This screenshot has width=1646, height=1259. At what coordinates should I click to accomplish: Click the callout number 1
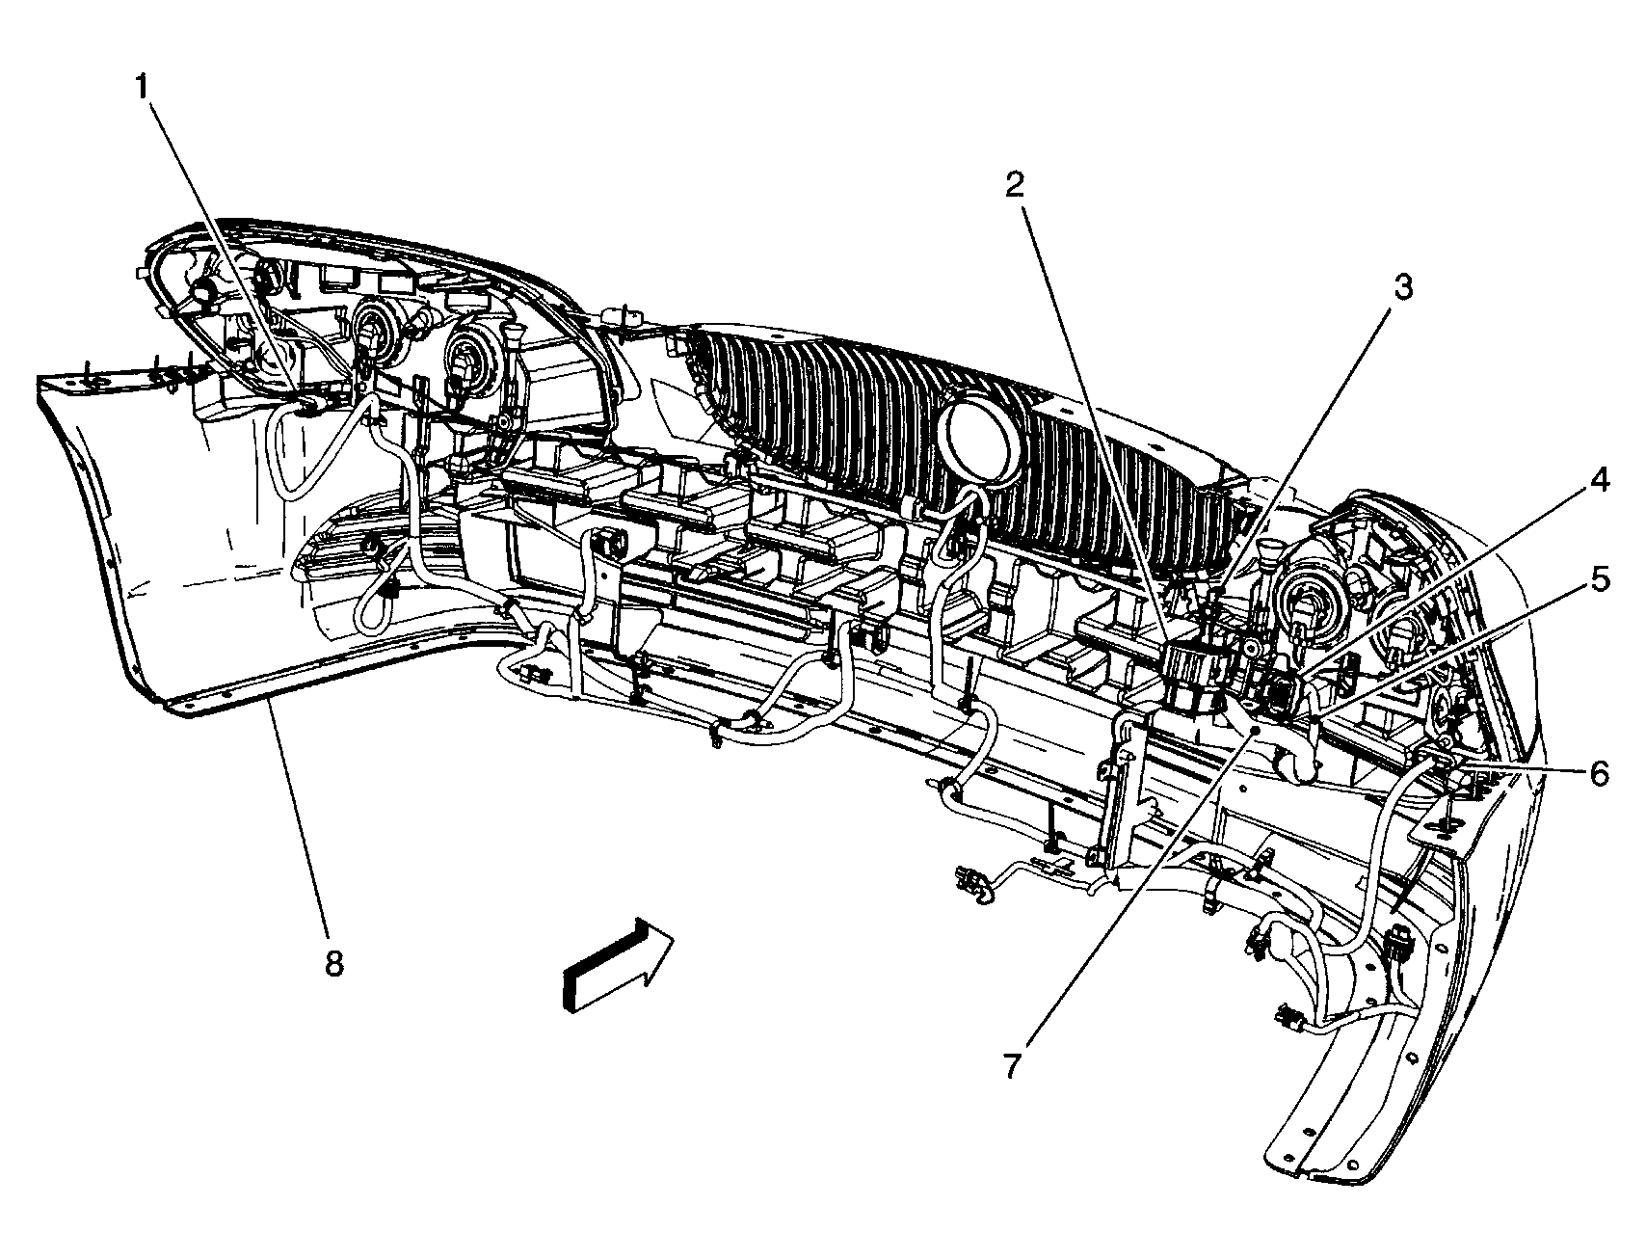point(142,89)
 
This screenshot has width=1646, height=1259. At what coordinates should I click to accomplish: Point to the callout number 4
point(1599,479)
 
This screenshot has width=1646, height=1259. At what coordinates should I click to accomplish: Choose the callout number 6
point(1599,772)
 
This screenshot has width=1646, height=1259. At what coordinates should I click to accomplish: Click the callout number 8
point(333,963)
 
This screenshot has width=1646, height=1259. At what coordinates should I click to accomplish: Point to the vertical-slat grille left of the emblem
point(810,405)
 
